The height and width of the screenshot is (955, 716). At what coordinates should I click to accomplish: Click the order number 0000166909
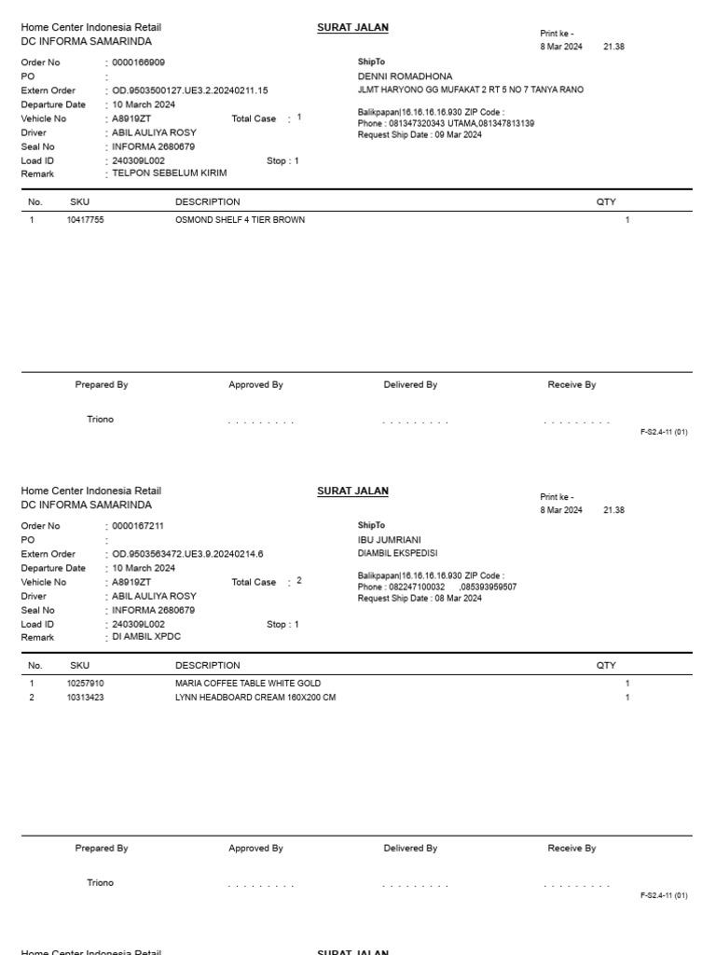138,62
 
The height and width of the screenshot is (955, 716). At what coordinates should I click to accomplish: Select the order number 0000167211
138,526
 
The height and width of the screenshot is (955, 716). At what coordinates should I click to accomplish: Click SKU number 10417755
85,220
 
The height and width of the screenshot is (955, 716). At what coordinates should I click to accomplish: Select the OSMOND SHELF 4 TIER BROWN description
240,220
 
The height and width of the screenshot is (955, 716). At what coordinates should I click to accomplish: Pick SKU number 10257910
85,684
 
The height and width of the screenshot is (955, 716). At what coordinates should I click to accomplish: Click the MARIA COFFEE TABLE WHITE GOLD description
247,684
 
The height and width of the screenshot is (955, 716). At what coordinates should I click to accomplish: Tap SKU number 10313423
85,698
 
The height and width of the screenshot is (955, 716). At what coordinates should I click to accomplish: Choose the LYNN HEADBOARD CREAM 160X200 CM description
255,698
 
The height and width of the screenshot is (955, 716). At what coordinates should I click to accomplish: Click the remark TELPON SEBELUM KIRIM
169,173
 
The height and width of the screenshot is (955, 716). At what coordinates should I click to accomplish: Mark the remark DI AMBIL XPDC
146,637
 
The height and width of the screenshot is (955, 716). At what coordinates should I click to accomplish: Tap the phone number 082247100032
416,588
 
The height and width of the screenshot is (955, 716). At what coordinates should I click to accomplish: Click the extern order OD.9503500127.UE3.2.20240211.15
190,90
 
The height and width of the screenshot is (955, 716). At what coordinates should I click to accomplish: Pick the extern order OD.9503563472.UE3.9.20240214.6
187,554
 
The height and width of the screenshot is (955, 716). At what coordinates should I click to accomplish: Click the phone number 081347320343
416,123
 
